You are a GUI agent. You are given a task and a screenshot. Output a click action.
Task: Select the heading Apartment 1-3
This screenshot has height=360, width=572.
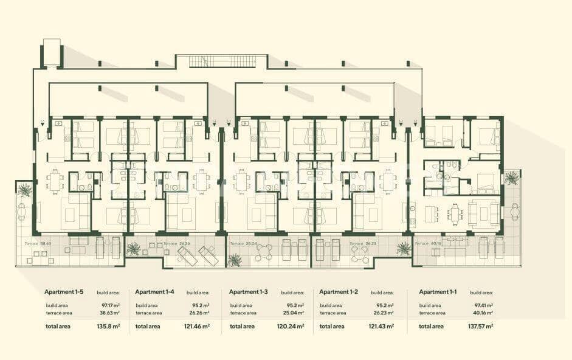click(x=248, y=292)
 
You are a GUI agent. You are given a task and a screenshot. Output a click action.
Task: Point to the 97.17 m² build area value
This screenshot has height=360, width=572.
click(x=109, y=306)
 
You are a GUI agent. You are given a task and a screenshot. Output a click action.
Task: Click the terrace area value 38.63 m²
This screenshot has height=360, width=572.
click(x=109, y=313)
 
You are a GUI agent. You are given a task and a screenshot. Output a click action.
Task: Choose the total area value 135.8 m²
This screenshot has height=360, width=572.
click(x=108, y=327)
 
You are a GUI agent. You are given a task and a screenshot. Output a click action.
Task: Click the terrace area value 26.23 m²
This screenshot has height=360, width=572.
click(x=383, y=313)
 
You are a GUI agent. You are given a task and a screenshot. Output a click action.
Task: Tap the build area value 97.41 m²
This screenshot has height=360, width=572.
click(x=481, y=306)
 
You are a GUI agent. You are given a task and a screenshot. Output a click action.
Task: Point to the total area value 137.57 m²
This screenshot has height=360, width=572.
click(x=480, y=327)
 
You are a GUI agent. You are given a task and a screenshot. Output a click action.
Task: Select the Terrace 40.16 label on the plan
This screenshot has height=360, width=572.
click(x=428, y=243)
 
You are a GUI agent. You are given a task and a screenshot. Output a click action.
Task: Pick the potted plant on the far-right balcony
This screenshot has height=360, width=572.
click(x=512, y=178)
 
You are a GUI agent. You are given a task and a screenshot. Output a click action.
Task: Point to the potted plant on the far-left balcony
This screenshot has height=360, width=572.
click(x=24, y=190)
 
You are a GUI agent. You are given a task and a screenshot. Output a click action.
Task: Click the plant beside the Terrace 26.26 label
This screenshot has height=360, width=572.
click(x=133, y=248)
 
